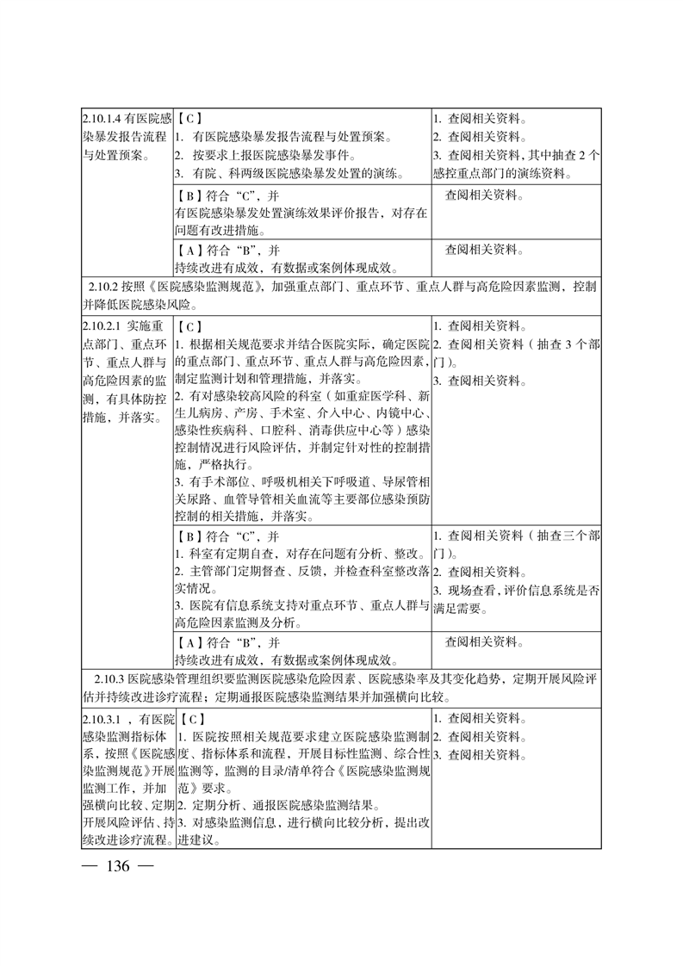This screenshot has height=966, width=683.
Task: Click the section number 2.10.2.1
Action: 103,326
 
